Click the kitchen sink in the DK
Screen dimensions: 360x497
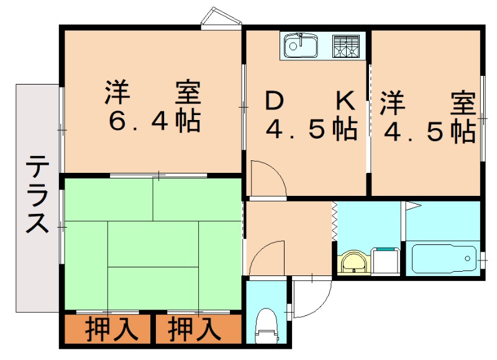(301, 45)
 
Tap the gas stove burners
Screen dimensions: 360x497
(347, 45)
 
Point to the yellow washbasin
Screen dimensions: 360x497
(352, 261)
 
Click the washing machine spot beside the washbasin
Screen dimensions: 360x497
(385, 261)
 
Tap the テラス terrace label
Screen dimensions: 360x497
(37, 194)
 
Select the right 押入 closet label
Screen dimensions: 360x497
(195, 329)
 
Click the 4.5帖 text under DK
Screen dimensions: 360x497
(312, 129)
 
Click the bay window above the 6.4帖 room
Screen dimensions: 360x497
(222, 18)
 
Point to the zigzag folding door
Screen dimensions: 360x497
(334, 221)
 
